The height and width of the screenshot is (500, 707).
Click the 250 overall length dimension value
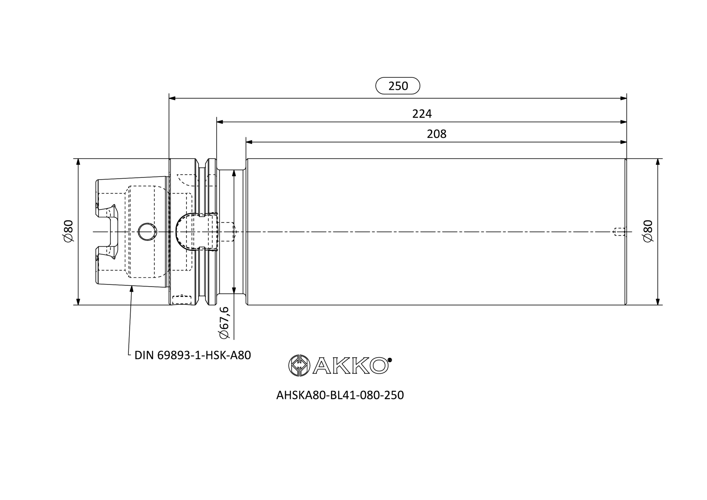[398, 86]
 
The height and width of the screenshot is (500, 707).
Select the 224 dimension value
[422, 114]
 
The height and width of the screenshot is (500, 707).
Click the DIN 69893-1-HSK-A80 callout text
[193, 355]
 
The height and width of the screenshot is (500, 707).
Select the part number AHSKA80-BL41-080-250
[340, 395]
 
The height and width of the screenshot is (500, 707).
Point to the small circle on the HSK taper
[147, 232]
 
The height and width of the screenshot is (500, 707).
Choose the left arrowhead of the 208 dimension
[249, 142]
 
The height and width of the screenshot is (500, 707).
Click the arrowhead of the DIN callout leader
[132, 289]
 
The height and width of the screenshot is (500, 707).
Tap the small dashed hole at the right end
[619, 232]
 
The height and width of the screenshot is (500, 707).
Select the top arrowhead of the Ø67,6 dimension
[234, 173]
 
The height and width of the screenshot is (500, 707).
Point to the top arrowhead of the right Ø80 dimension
[658, 162]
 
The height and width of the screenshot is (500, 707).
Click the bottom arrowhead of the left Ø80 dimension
[78, 302]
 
